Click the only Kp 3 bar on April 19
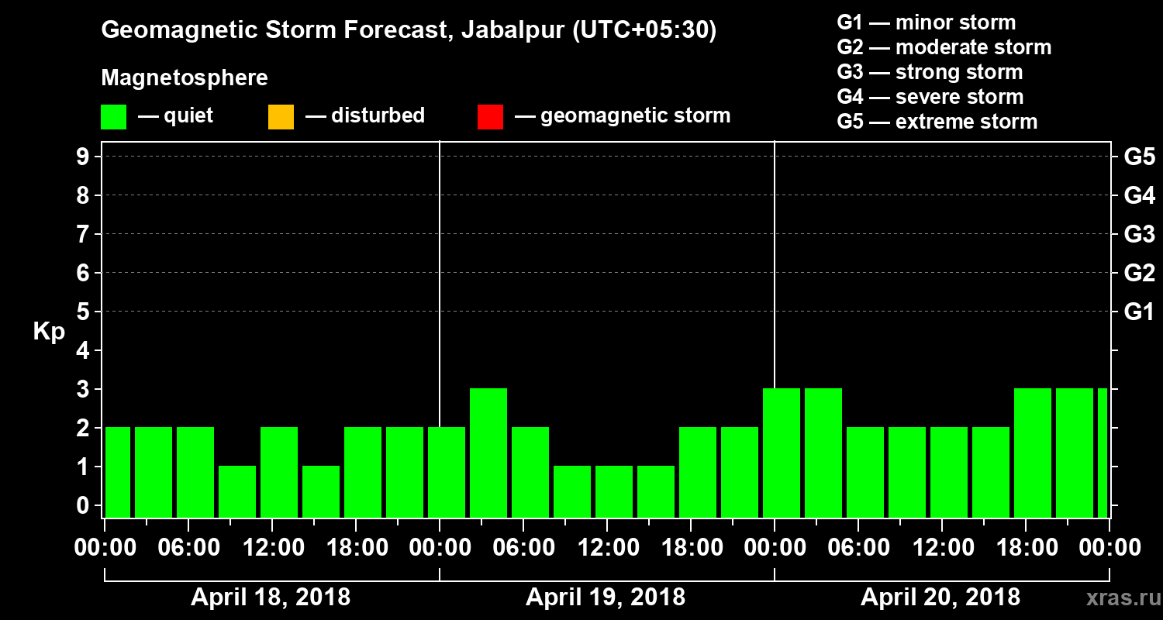pos(488,453)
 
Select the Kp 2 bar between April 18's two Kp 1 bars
pos(279,472)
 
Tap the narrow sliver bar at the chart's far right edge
pos(1102,453)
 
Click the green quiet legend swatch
pos(113,117)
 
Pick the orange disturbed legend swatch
pos(281,117)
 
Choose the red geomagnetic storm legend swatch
pos(490,117)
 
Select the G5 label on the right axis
pos(1139,157)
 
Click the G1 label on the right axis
pos(1139,312)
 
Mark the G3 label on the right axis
pos(1139,235)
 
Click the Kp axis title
pos(49,332)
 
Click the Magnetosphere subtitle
pos(185,78)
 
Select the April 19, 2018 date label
pos(606,598)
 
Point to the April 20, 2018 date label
pos(940,598)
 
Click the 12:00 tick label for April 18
pos(272,548)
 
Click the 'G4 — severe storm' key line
pos(930,97)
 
